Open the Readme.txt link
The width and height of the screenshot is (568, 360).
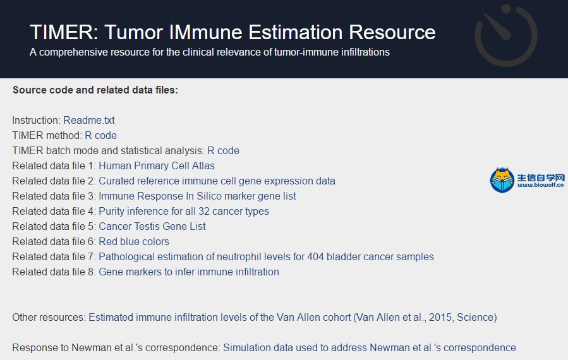pos(88,120)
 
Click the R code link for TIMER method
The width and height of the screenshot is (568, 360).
pos(100,135)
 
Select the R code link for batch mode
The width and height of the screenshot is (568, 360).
pos(223,151)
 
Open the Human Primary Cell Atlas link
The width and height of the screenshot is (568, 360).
pos(157,166)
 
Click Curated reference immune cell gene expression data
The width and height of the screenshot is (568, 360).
pos(217,181)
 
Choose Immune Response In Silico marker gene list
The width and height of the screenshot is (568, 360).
pos(197,196)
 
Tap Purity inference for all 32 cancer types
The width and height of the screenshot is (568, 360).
pos(184,212)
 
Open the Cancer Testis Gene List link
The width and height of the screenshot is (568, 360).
pos(152,226)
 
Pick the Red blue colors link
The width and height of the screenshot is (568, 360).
pos(134,241)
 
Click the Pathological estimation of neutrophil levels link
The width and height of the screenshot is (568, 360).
pos(266,257)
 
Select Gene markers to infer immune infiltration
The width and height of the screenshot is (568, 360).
pos(189,272)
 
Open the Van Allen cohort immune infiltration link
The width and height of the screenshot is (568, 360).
pos(293,318)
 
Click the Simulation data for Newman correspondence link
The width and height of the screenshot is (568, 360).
pos(370,348)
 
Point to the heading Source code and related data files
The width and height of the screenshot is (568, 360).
pos(95,90)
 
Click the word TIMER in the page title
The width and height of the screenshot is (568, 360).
pos(64,32)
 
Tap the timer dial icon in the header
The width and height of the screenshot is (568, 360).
pos(505,35)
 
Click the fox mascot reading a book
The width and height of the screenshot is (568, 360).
pos(502,180)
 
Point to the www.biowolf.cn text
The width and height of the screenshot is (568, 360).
pos(540,185)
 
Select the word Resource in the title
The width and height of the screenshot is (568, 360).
pos(392,32)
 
